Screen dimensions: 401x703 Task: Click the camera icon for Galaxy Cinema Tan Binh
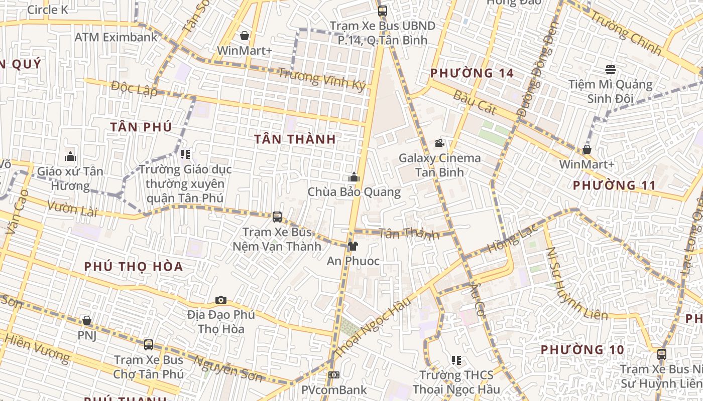coord(439,143)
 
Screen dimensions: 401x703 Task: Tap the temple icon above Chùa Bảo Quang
coord(354,177)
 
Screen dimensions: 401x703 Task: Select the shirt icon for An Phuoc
coord(353,246)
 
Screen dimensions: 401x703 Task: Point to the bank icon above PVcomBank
coord(334,374)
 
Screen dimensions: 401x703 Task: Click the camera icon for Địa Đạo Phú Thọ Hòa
coord(221,300)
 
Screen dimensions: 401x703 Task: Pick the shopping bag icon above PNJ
coord(87,320)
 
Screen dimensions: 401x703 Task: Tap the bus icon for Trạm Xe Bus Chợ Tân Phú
coord(148,345)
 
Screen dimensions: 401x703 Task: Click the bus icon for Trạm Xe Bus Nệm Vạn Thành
coord(277,217)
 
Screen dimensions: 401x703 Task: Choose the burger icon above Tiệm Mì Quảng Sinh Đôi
coord(611,69)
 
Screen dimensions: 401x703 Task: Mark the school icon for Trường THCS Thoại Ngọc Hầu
coord(456,360)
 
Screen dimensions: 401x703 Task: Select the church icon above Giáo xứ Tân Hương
coord(70,156)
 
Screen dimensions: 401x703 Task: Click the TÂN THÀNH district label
coord(295,139)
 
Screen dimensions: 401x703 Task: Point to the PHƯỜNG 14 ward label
coord(472,73)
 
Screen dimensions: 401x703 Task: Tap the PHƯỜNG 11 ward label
coord(614,185)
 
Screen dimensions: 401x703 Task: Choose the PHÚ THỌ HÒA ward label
coord(134,266)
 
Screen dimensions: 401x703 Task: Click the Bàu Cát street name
coord(475,102)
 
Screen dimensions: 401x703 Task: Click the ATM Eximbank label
coord(116,37)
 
